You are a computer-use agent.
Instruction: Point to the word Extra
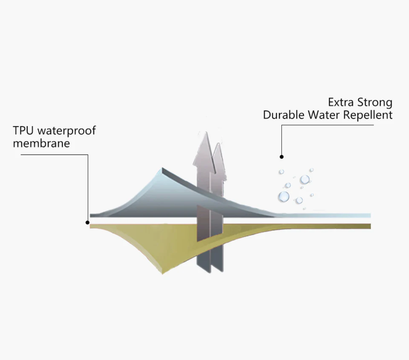pyautogui.click(x=342, y=103)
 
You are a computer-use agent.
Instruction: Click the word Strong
pyautogui.click(x=376, y=103)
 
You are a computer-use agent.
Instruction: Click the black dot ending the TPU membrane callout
pyautogui.click(x=88, y=222)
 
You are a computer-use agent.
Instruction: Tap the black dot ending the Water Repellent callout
pyautogui.click(x=281, y=157)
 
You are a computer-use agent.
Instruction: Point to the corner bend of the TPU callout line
pyautogui.click(x=88, y=155)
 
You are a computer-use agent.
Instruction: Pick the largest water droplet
pyautogui.click(x=283, y=197)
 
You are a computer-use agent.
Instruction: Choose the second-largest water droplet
pyautogui.click(x=305, y=180)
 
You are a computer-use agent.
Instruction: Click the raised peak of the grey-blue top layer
pyautogui.click(x=163, y=170)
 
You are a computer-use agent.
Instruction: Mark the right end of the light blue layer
pyautogui.click(x=370, y=215)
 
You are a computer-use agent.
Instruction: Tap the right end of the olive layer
pyautogui.click(x=370, y=225)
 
